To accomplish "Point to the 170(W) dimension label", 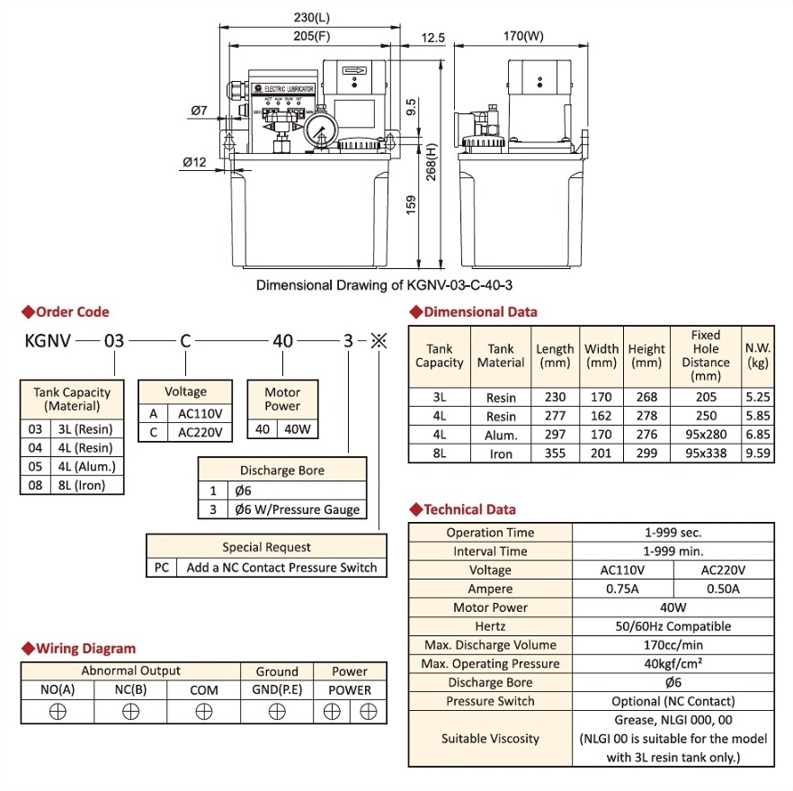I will coord(523,37).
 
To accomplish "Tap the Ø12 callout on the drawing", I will coord(195,162).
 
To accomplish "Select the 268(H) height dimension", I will coord(432,164).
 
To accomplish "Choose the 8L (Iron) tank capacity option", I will coord(85,485).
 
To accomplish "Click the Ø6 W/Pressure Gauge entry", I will coord(297,509).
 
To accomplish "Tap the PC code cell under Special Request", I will coord(162,567).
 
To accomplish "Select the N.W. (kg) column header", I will coord(757,355).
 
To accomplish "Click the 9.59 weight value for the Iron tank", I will coord(757,454).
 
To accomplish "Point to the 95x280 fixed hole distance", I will coord(705,435).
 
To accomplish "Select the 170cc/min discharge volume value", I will coord(673,645).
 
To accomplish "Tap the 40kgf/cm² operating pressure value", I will coord(673,664).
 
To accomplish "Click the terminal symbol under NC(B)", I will coord(131,711).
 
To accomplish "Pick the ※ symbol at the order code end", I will coord(379,342).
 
